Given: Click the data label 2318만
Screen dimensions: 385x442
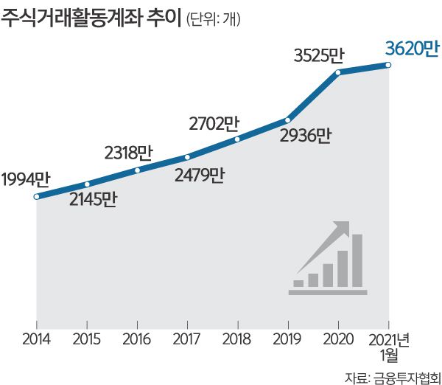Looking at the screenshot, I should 128,153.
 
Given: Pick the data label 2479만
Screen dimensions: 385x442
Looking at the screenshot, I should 198,176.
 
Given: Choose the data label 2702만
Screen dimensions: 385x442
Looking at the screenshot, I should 214,122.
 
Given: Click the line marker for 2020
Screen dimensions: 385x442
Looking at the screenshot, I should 338,72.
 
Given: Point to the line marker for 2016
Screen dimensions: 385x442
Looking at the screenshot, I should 138,170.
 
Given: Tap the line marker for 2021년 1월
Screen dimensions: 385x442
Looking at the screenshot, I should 388,65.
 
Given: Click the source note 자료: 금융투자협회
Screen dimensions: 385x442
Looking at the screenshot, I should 388,375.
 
